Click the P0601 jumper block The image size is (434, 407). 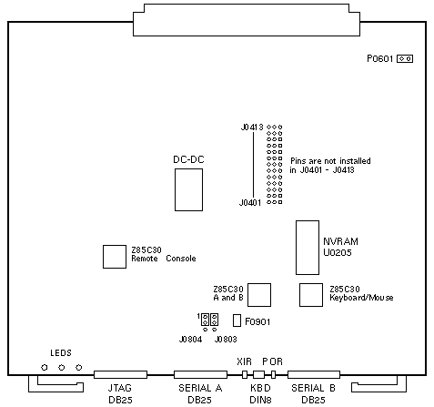[405, 58]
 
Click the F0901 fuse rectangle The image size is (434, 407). [237, 321]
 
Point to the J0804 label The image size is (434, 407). [190, 339]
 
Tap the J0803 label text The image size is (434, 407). [226, 339]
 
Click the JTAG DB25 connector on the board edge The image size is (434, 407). [120, 374]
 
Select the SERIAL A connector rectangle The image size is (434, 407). [200, 374]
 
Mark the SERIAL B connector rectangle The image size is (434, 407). [314, 374]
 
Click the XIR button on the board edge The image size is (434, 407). [245, 374]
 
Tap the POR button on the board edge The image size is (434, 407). [273, 374]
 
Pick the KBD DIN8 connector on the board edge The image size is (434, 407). [258, 374]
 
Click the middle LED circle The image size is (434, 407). [62, 368]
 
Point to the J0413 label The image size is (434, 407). [252, 127]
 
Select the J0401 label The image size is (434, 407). [250, 202]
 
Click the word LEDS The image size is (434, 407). [61, 353]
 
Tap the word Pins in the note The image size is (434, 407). [298, 161]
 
